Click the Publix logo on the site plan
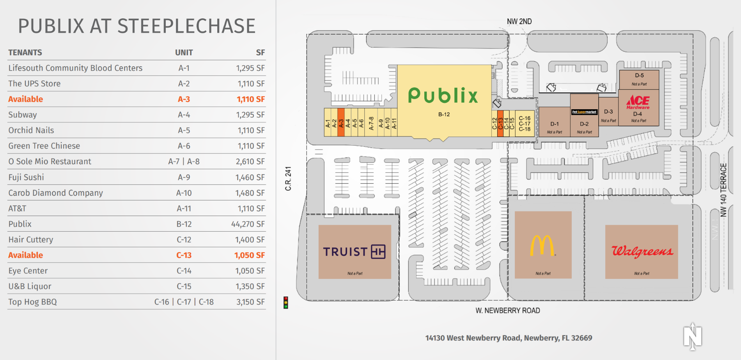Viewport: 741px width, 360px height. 443,95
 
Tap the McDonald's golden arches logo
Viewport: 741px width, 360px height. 542,245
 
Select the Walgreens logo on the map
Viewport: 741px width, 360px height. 642,251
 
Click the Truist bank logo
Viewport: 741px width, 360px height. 354,252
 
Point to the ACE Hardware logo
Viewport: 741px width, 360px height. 638,102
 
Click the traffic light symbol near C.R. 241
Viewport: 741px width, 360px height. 286,302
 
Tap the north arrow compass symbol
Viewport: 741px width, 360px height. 693,336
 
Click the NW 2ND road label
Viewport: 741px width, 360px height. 519,21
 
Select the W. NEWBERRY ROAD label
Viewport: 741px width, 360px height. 508,310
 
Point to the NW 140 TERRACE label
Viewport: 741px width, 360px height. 723,190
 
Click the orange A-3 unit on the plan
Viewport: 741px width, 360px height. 341,122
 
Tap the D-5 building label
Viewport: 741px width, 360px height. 639,75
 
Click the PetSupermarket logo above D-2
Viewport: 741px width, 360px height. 584,112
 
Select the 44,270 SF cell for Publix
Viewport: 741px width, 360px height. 248,224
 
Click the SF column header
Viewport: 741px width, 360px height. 261,52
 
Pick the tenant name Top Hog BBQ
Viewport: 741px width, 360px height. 33,302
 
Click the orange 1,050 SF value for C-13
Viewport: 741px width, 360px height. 250,255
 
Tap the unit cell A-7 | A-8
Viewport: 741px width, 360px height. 184,161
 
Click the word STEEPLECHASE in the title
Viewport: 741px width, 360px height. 186,26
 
